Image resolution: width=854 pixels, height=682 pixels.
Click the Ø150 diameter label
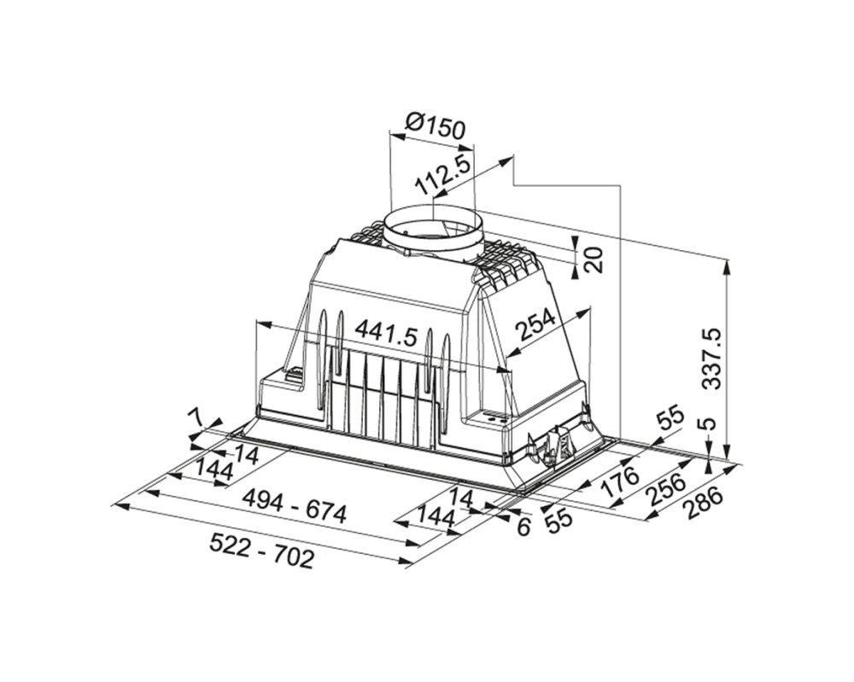pyautogui.click(x=436, y=126)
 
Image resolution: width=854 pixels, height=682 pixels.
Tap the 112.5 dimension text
pyautogui.click(x=442, y=173)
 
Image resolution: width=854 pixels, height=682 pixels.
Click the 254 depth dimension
pyautogui.click(x=535, y=324)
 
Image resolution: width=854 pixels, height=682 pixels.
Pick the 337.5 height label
pyautogui.click(x=711, y=358)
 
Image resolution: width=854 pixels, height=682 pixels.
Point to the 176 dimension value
pyautogui.click(x=620, y=482)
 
